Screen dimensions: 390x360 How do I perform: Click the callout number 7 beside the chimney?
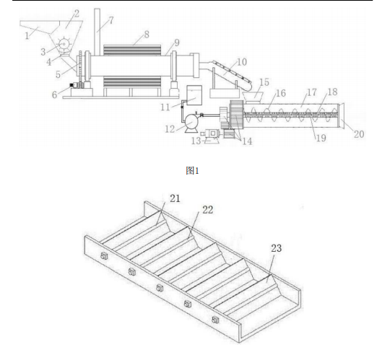tap(110, 20)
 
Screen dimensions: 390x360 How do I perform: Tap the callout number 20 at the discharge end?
tap(359, 134)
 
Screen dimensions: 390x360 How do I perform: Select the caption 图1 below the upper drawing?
tap(192, 171)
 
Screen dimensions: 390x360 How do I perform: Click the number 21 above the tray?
tap(175, 198)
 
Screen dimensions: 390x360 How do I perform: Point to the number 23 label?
tap(277, 248)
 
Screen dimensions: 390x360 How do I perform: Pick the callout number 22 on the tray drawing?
tap(208, 210)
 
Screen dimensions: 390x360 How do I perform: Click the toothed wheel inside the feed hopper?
tap(64, 44)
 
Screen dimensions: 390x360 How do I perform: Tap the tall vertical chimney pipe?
tap(97, 32)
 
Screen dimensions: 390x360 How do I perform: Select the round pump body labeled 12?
tap(191, 120)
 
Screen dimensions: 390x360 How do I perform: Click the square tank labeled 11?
tap(194, 95)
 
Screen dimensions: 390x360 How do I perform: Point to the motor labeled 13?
tap(212, 134)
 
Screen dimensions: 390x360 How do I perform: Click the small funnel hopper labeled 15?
tap(253, 97)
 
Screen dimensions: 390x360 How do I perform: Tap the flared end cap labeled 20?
tap(342, 115)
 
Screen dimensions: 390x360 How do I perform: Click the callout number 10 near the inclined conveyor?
tap(241, 62)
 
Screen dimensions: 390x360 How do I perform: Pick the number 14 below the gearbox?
tap(247, 141)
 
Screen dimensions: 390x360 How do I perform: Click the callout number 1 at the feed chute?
tap(27, 36)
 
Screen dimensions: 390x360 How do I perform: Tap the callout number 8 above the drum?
tap(147, 35)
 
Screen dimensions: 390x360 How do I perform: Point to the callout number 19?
tap(321, 138)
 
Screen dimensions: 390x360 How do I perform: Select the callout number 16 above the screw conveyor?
tap(281, 93)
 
